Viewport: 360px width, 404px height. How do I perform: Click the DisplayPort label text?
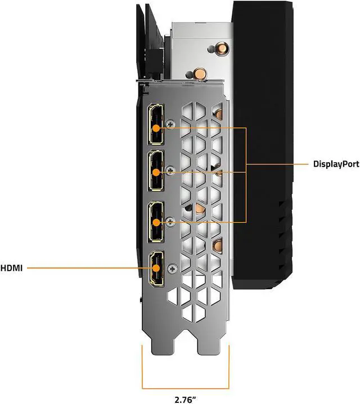tap(336, 164)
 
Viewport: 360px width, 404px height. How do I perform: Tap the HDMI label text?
tap(11, 268)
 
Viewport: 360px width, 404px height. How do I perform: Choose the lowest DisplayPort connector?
tap(156, 222)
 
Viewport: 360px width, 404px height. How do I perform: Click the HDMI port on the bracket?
tap(155, 269)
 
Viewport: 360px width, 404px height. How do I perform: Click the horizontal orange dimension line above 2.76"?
tap(186, 388)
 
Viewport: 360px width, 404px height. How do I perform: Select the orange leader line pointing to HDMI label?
tap(84, 268)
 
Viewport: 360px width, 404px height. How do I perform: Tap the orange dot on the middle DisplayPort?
tap(156, 172)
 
